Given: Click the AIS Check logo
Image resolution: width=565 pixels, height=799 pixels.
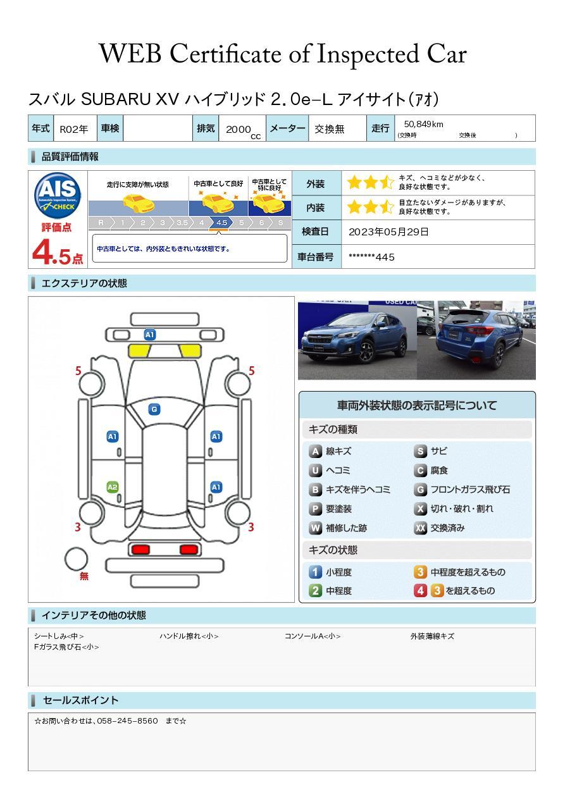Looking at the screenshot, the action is [x=58, y=195].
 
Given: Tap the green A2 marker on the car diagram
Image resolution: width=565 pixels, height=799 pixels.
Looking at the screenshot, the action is [x=113, y=487].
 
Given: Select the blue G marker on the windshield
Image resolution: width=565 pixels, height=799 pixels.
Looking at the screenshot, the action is [x=154, y=409].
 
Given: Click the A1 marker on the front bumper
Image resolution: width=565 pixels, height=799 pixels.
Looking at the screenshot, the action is [x=150, y=335].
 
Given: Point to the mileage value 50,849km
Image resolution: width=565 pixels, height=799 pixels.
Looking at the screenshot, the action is [x=423, y=124].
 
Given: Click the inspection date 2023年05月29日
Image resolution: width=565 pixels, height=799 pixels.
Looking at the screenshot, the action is [x=388, y=232].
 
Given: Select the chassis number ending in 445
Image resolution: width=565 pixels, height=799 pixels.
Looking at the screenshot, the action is [x=371, y=257].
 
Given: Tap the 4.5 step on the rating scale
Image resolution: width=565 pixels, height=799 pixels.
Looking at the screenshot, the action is [x=221, y=223].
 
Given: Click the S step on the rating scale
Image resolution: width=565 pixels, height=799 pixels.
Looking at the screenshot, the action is [x=281, y=223].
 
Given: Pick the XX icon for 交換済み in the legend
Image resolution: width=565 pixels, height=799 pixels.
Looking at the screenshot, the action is [x=420, y=528].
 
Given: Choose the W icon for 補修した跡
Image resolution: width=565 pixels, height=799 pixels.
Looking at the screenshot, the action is [x=315, y=528].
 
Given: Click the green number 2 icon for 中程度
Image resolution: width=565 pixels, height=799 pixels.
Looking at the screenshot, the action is [x=315, y=591].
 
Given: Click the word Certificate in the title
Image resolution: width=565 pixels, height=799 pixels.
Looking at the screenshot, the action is [x=226, y=54].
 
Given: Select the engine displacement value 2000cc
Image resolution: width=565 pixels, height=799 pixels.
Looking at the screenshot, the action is [x=243, y=130].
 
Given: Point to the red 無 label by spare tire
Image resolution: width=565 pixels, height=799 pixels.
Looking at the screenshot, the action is [x=84, y=576].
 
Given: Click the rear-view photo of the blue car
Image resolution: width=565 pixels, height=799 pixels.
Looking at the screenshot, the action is [x=476, y=340].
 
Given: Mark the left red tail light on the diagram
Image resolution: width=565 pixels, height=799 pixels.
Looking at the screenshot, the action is [x=140, y=550].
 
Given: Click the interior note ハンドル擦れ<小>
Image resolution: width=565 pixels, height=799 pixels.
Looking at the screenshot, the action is [x=189, y=636].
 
